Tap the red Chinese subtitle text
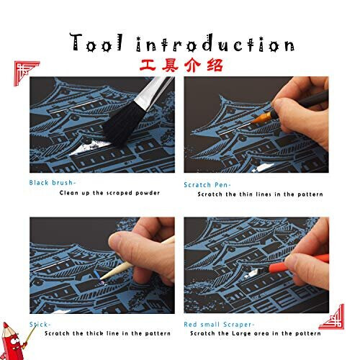[x=179, y=66]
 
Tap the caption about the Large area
[x=261, y=333]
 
